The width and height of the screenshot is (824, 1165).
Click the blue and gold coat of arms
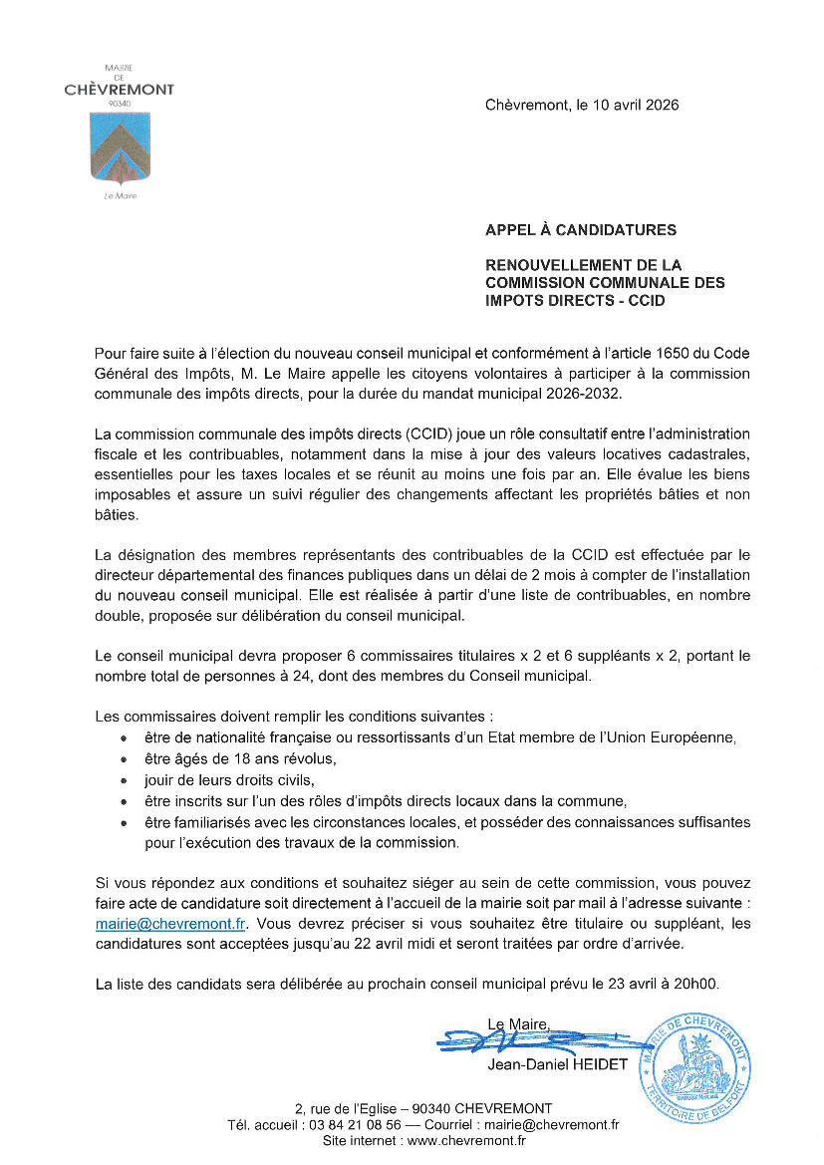click(120, 148)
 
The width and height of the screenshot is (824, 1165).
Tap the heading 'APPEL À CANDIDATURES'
click(581, 230)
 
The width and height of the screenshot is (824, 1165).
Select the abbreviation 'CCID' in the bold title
click(646, 300)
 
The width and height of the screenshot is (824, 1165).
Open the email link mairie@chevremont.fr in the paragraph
click(170, 924)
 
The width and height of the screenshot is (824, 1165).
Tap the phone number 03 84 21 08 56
click(356, 1125)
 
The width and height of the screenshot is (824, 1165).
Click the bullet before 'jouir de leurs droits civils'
click(123, 781)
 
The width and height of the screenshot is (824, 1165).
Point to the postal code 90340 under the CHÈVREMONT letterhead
click(120, 104)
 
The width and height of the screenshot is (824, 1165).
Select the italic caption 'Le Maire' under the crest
click(120, 196)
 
